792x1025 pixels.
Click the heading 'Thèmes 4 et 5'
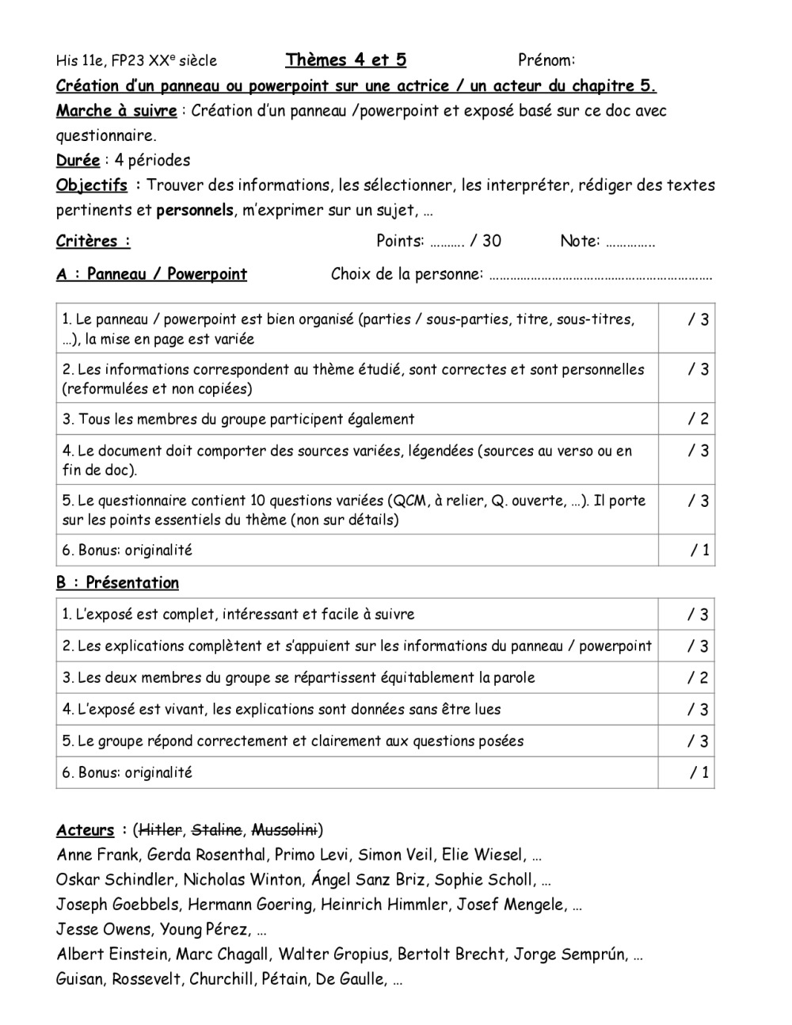click(346, 60)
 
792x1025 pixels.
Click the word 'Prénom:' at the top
click(546, 60)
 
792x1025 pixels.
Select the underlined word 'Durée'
click(78, 161)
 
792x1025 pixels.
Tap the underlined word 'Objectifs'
click(91, 185)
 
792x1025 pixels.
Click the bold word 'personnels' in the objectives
click(195, 211)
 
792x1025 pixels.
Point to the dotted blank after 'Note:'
click(630, 242)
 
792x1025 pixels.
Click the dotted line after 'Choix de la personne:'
click(601, 276)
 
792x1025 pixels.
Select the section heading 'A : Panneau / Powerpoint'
click(151, 275)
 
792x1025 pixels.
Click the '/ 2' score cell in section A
click(698, 419)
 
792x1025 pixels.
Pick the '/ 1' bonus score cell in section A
click(699, 551)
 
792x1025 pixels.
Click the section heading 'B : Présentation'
click(117, 583)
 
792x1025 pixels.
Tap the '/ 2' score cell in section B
click(698, 678)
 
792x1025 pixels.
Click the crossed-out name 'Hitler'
click(160, 830)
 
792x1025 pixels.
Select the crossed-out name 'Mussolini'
click(284, 830)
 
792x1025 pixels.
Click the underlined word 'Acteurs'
click(85, 830)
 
